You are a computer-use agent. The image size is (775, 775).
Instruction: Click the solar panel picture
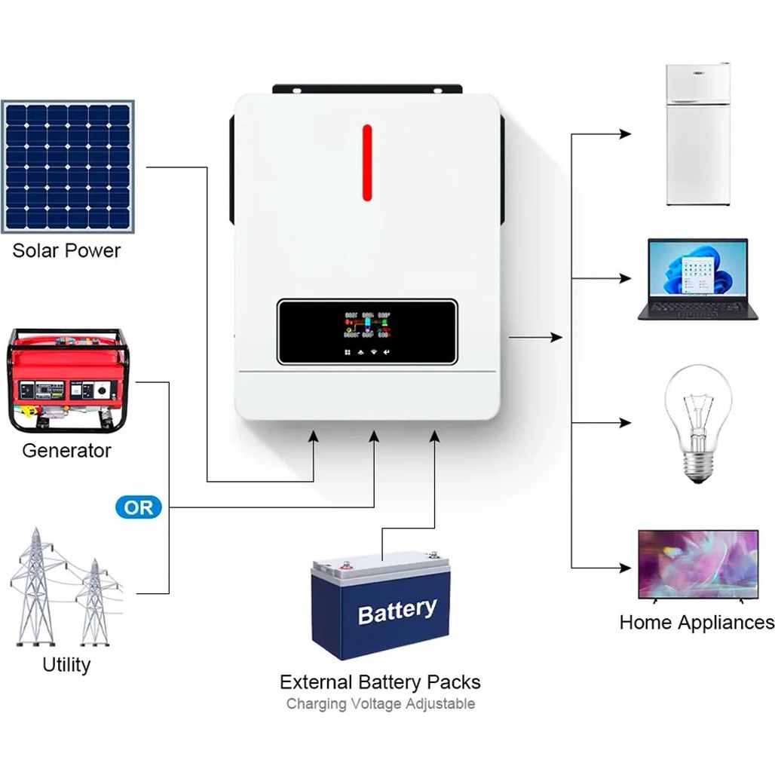[67, 167]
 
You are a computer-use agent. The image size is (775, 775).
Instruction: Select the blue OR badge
[138, 507]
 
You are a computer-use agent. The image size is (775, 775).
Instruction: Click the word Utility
[66, 665]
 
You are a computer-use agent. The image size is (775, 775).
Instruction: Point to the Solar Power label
[66, 250]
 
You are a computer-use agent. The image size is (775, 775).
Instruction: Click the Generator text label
[66, 451]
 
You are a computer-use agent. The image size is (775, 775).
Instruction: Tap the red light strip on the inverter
[367, 162]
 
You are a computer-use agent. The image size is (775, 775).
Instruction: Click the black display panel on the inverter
[367, 332]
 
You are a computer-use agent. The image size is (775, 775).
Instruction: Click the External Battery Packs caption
[380, 682]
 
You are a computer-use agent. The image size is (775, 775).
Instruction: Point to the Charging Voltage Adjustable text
[380, 704]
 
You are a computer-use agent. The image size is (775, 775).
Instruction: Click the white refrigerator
[698, 135]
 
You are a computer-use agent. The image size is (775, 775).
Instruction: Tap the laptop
[697, 279]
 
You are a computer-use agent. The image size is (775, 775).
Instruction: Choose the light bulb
[697, 422]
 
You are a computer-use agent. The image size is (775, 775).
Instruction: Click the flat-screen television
[697, 565]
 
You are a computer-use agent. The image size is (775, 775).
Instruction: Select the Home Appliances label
[697, 623]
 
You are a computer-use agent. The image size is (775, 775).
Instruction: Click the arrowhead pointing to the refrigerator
[625, 134]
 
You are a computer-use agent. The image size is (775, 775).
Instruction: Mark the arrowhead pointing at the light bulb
[625, 423]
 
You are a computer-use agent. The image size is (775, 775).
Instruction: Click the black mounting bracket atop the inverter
[367, 89]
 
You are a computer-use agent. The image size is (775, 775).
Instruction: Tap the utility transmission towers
[64, 588]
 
